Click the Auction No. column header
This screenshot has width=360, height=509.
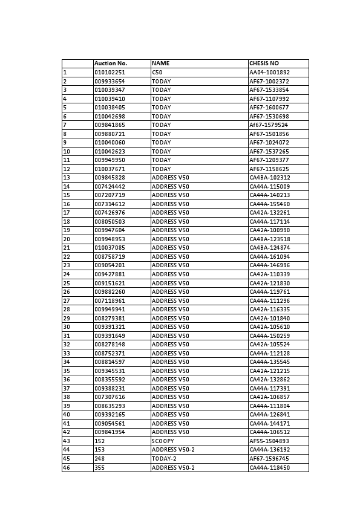111,63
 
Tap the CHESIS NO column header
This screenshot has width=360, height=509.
264,63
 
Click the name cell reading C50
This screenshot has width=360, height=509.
157,73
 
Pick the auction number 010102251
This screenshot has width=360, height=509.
110,73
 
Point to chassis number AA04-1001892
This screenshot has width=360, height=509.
270,73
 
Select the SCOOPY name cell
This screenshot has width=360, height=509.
163,441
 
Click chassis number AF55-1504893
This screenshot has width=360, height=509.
270,441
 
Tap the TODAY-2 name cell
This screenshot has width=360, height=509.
163,459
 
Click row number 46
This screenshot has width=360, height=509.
67,468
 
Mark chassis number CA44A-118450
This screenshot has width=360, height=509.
270,468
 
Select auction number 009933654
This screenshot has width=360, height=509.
110,81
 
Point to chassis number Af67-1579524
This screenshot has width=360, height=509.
269,125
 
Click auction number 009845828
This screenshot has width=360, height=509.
110,178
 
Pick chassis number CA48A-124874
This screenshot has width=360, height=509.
270,248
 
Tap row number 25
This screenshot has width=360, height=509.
67,283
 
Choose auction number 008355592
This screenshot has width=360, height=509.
110,380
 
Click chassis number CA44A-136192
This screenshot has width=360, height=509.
270,450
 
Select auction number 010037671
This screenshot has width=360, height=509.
110,169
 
